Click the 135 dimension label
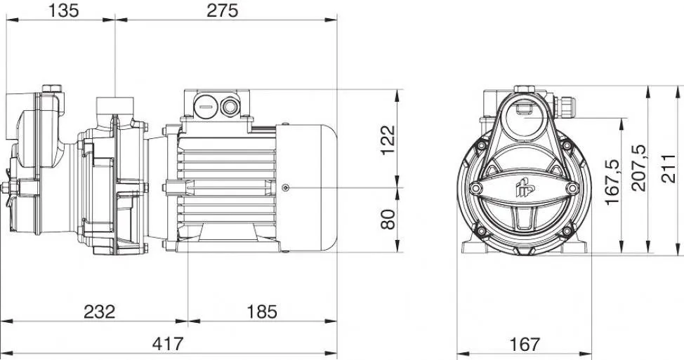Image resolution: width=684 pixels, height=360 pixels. point(64,11)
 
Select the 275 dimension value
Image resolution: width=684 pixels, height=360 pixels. point(223,11)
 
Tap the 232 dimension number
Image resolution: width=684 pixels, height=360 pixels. point(100,312)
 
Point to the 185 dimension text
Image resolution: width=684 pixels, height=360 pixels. point(262,312)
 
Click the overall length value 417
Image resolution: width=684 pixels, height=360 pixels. point(168,344)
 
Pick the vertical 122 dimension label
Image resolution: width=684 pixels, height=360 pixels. point(388,140)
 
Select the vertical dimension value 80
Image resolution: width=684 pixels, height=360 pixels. point(388,219)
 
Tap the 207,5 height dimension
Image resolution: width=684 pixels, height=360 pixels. point(639,168)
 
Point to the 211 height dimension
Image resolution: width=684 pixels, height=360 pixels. point(668,168)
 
